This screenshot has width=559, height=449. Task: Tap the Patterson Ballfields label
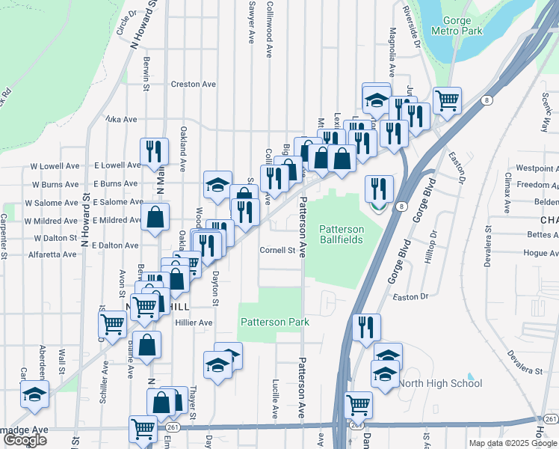[342, 234]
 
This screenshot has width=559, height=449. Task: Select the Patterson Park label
[274, 322]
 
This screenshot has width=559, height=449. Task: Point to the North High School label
[439, 383]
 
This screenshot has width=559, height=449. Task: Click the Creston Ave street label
[195, 84]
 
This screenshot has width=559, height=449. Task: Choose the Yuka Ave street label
[121, 119]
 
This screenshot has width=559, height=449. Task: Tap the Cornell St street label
[277, 250]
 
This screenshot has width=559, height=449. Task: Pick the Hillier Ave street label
[194, 323]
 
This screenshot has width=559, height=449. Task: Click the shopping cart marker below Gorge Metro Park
[447, 100]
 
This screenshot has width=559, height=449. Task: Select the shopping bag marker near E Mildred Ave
[155, 218]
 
